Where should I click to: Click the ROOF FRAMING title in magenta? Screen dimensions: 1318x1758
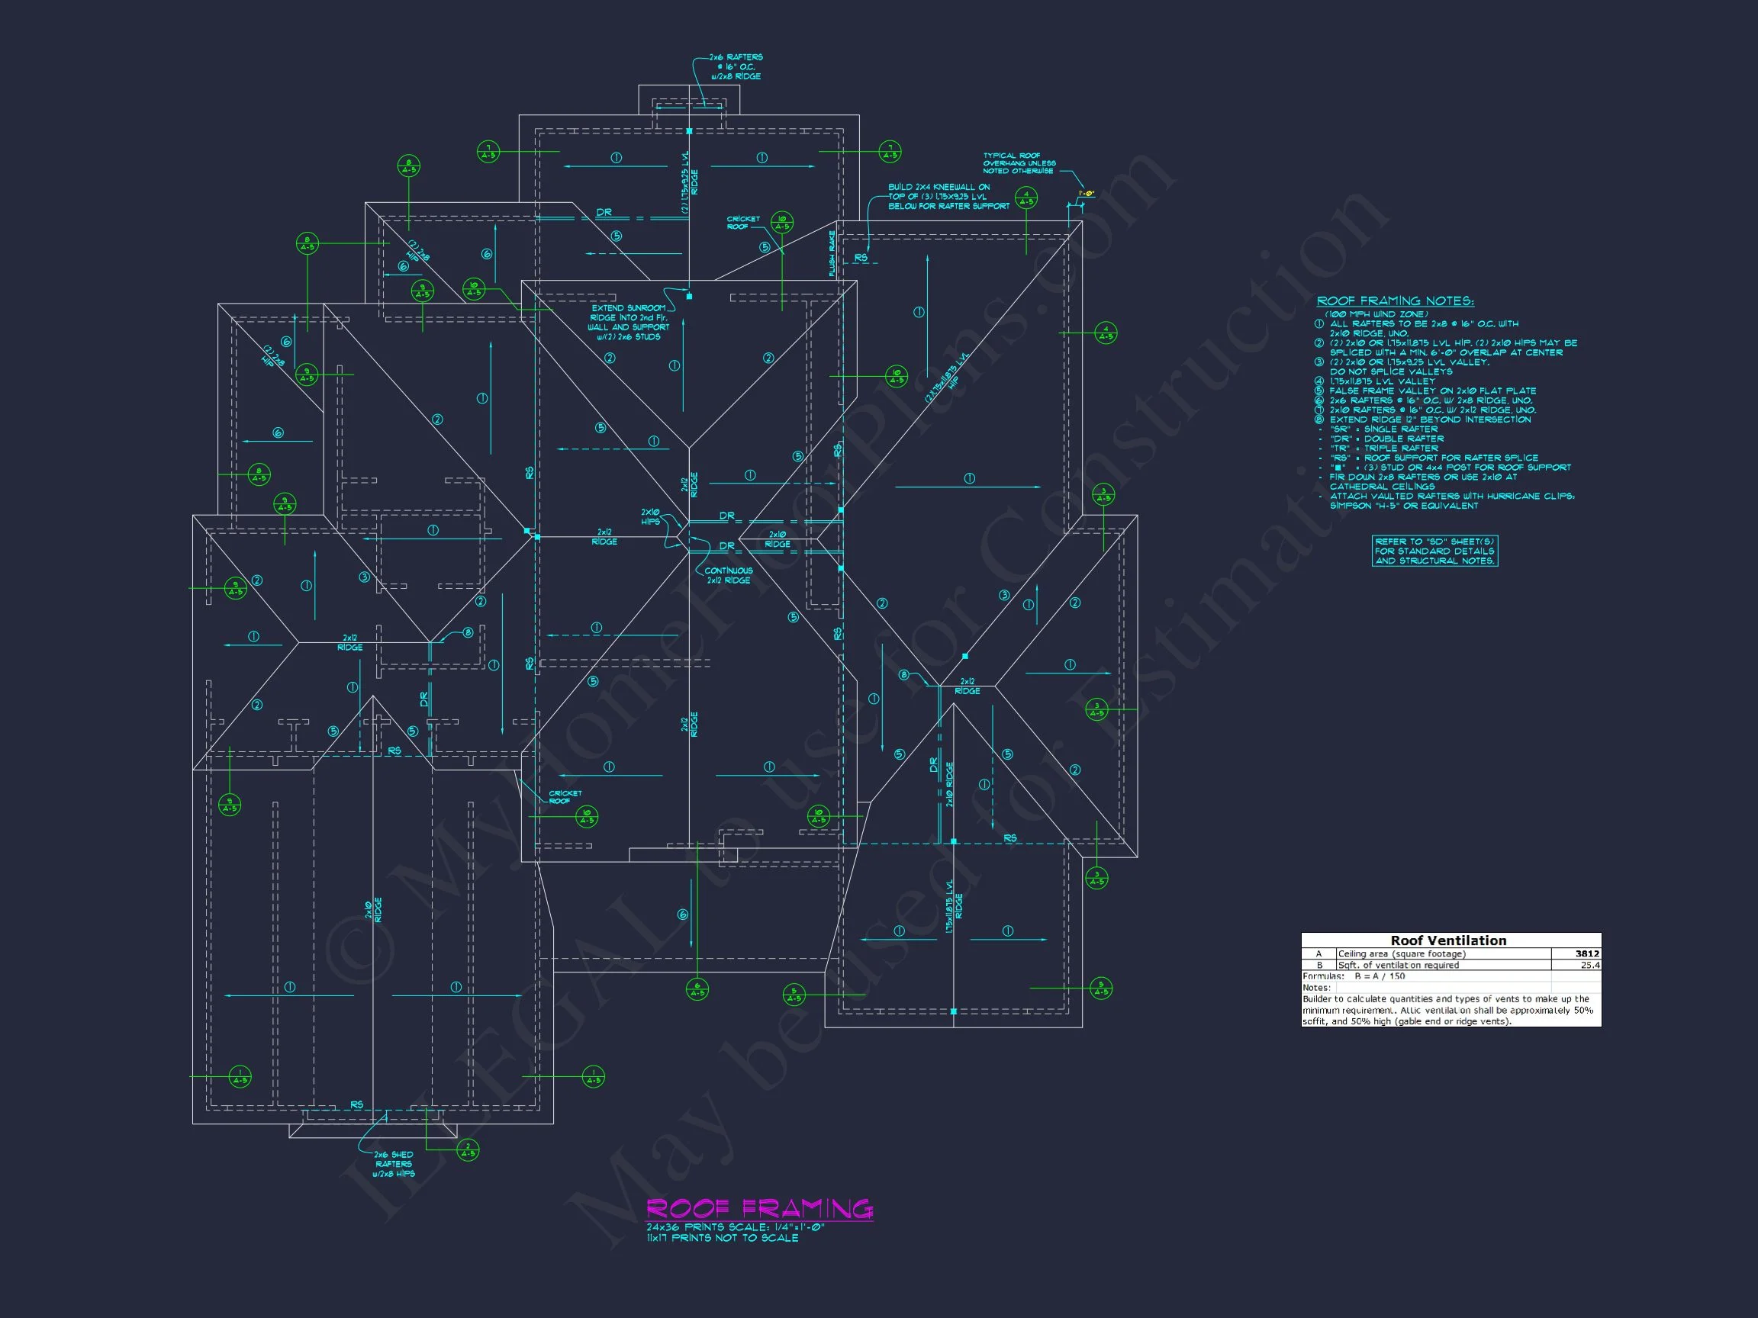759,1208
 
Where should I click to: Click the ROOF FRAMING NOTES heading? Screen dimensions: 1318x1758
1395,301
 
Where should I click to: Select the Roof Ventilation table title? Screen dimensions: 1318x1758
1448,940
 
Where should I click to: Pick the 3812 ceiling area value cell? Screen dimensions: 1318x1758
1586,953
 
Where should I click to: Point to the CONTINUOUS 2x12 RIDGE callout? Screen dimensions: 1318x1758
728,575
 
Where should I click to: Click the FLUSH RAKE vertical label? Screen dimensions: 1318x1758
832,253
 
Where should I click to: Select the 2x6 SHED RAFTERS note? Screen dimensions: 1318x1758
394,1164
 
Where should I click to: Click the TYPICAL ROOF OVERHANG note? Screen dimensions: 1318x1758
1019,164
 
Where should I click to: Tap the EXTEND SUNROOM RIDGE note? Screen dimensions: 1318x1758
629,322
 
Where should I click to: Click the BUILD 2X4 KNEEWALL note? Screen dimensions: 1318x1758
948,196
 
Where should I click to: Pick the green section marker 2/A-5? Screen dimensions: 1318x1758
468,1149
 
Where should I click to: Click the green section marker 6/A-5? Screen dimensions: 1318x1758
697,989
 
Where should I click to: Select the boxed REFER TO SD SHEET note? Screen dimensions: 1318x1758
1434,551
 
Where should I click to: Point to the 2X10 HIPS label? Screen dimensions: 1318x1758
650,517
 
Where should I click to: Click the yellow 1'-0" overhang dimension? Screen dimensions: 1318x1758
1087,193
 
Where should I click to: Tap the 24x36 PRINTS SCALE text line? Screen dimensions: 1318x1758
735,1226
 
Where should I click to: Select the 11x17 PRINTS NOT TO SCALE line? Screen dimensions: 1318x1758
722,1238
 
